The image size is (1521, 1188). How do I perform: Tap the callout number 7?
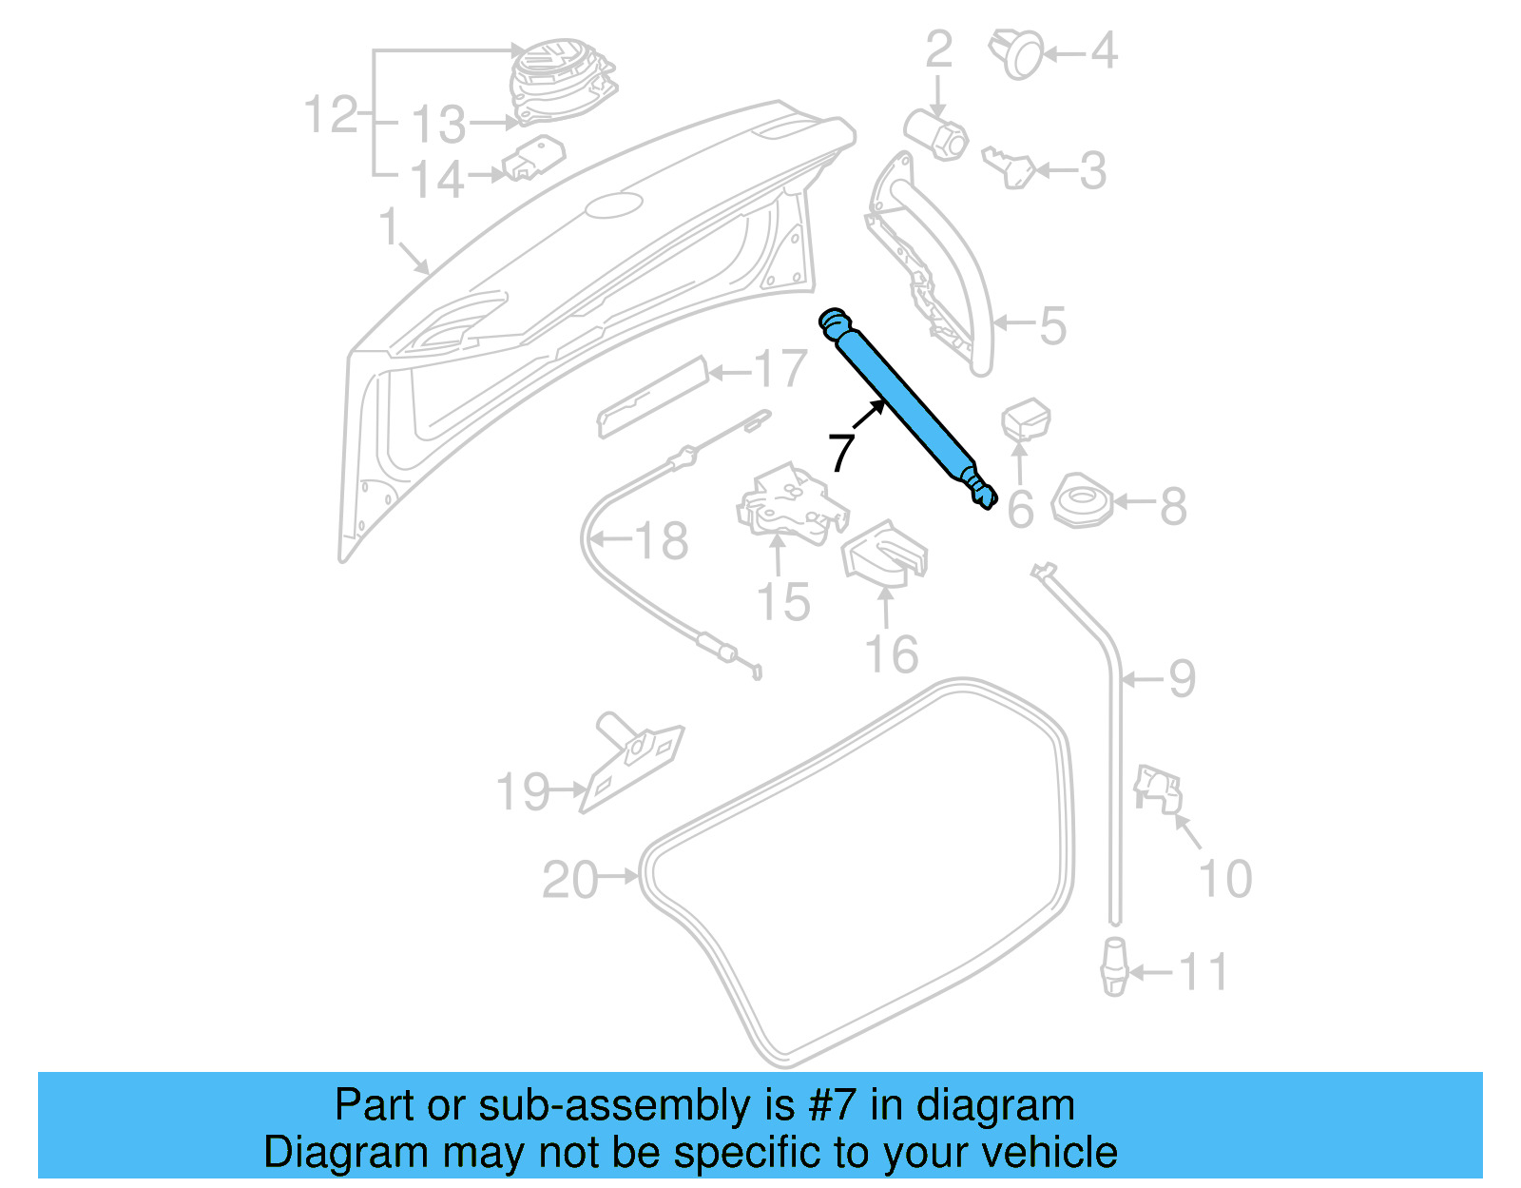tap(841, 453)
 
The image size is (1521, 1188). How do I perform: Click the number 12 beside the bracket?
tap(330, 115)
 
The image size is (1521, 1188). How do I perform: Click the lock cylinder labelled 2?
tap(935, 134)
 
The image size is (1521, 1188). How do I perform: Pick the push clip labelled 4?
tap(1016, 53)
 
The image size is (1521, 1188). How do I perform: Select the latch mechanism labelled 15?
tap(790, 505)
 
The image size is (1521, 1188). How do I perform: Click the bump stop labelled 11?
tap(1113, 966)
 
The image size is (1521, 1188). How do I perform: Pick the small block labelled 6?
tap(1026, 419)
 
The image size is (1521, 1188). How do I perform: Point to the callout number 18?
tap(661, 541)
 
